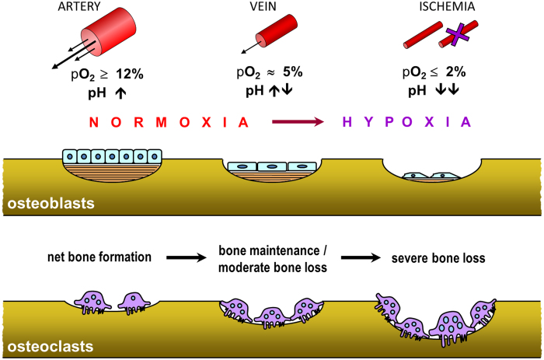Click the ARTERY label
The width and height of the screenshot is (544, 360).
tap(79, 6)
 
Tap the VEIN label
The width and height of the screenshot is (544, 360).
tap(263, 6)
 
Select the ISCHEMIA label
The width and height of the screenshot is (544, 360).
tap(447, 6)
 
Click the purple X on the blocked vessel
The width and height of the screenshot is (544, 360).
tap(458, 34)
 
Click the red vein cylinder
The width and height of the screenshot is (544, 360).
tap(277, 31)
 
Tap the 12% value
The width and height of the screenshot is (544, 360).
tap(130, 75)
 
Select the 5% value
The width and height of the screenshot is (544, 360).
tap(292, 72)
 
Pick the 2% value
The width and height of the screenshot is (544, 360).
tap(455, 72)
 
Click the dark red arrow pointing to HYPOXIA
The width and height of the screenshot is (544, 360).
tap(298, 121)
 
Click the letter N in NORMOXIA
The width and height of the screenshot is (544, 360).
tap(94, 122)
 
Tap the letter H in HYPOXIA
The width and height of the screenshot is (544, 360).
tap(347, 122)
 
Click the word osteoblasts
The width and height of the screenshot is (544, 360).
tap(51, 204)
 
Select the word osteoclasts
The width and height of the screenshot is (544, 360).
tap(51, 347)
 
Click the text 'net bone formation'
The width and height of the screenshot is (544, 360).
tap(99, 257)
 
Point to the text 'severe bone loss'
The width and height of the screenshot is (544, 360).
tap(438, 258)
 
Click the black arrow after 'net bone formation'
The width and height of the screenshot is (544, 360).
tap(187, 257)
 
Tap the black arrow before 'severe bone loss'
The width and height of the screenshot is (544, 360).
tap(361, 257)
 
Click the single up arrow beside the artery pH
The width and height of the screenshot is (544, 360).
tap(120, 93)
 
